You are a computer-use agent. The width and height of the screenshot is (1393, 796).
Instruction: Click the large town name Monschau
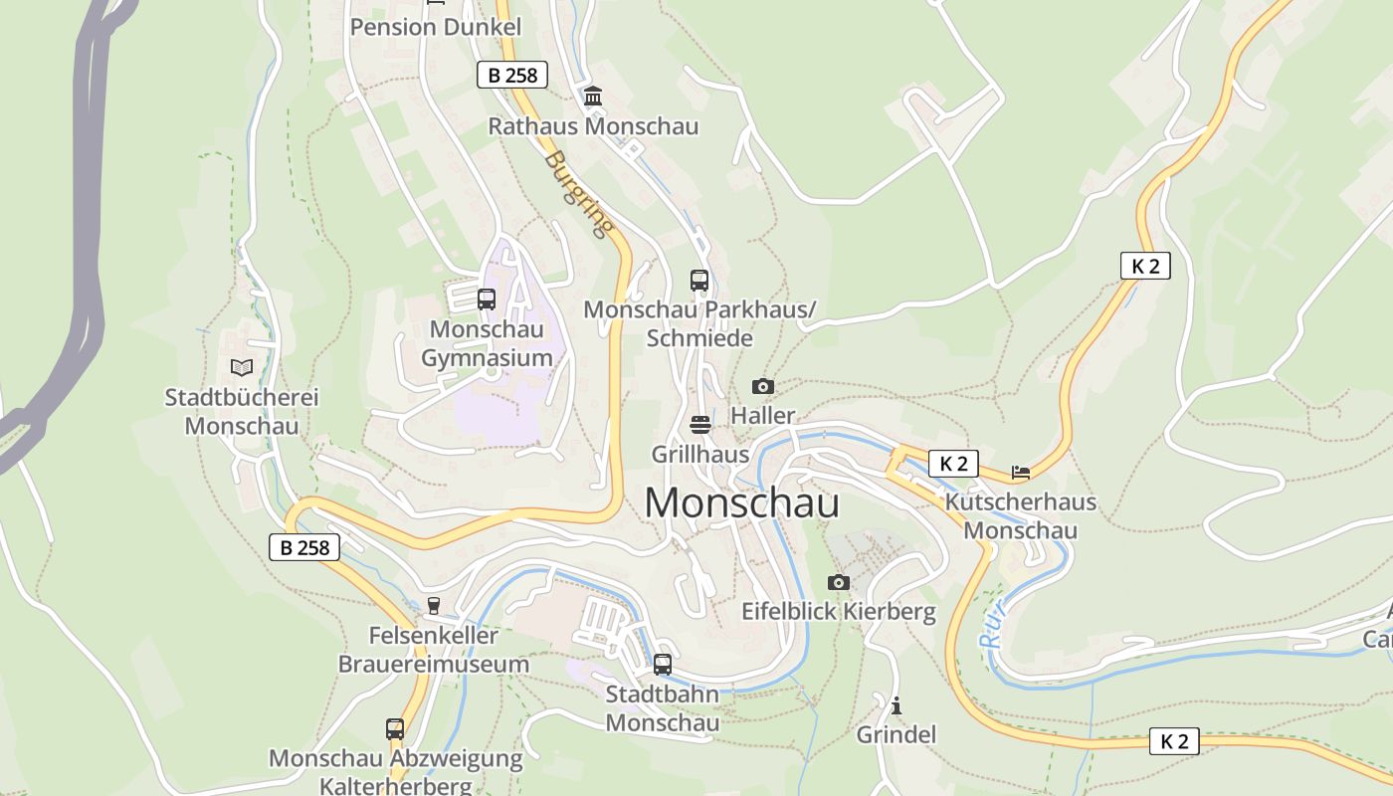point(741,503)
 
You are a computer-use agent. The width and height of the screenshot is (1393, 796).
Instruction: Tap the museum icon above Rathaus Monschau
point(594,97)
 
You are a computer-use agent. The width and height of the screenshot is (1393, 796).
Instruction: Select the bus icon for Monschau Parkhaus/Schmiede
point(699,281)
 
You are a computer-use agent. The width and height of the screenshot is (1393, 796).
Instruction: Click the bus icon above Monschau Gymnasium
point(487,299)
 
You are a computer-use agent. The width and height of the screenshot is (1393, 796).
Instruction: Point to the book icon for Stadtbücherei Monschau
point(242,367)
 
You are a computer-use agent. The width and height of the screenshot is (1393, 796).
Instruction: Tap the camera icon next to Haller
point(763,386)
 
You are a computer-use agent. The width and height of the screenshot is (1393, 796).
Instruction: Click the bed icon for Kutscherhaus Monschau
point(1021,472)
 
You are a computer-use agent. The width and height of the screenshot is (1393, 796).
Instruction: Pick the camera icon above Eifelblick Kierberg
point(839,582)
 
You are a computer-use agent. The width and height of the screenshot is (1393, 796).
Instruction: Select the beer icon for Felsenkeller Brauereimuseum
point(433,605)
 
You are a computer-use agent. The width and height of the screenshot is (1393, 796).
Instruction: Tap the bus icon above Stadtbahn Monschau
point(663,664)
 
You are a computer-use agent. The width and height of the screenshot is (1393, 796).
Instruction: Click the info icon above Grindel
point(896,705)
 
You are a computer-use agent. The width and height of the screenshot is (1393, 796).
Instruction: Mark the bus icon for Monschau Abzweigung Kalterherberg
point(395,729)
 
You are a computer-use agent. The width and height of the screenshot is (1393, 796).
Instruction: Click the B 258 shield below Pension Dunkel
point(512,75)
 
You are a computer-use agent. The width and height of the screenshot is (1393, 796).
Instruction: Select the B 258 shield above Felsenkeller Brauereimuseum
point(304,546)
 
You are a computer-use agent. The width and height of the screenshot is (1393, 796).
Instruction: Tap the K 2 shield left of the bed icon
point(953,463)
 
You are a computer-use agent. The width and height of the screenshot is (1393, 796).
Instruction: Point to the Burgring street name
point(578,195)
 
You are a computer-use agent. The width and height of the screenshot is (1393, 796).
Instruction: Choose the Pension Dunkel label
point(435,27)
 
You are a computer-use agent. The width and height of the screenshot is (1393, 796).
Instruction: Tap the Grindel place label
point(896,734)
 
